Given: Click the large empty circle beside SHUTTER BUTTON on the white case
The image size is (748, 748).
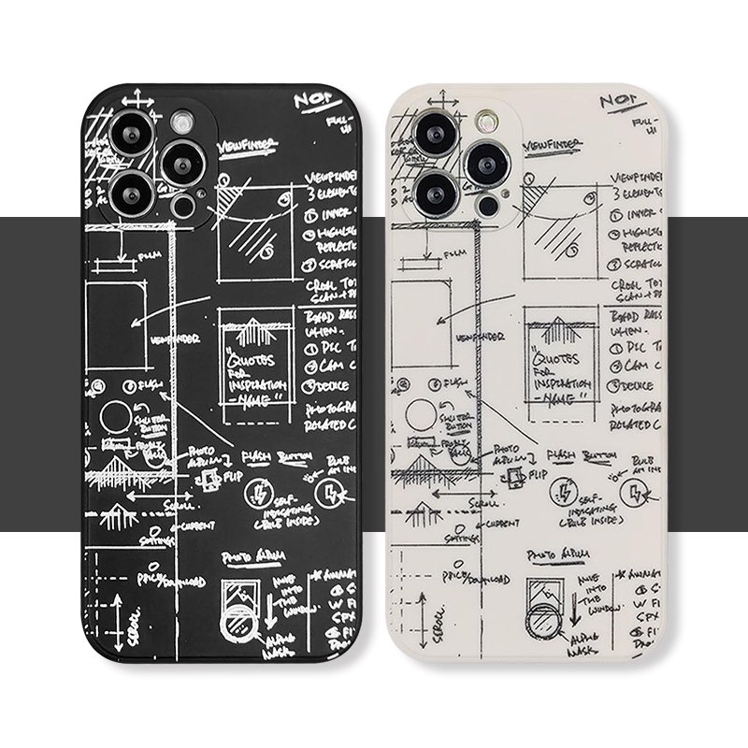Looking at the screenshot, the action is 418,416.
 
